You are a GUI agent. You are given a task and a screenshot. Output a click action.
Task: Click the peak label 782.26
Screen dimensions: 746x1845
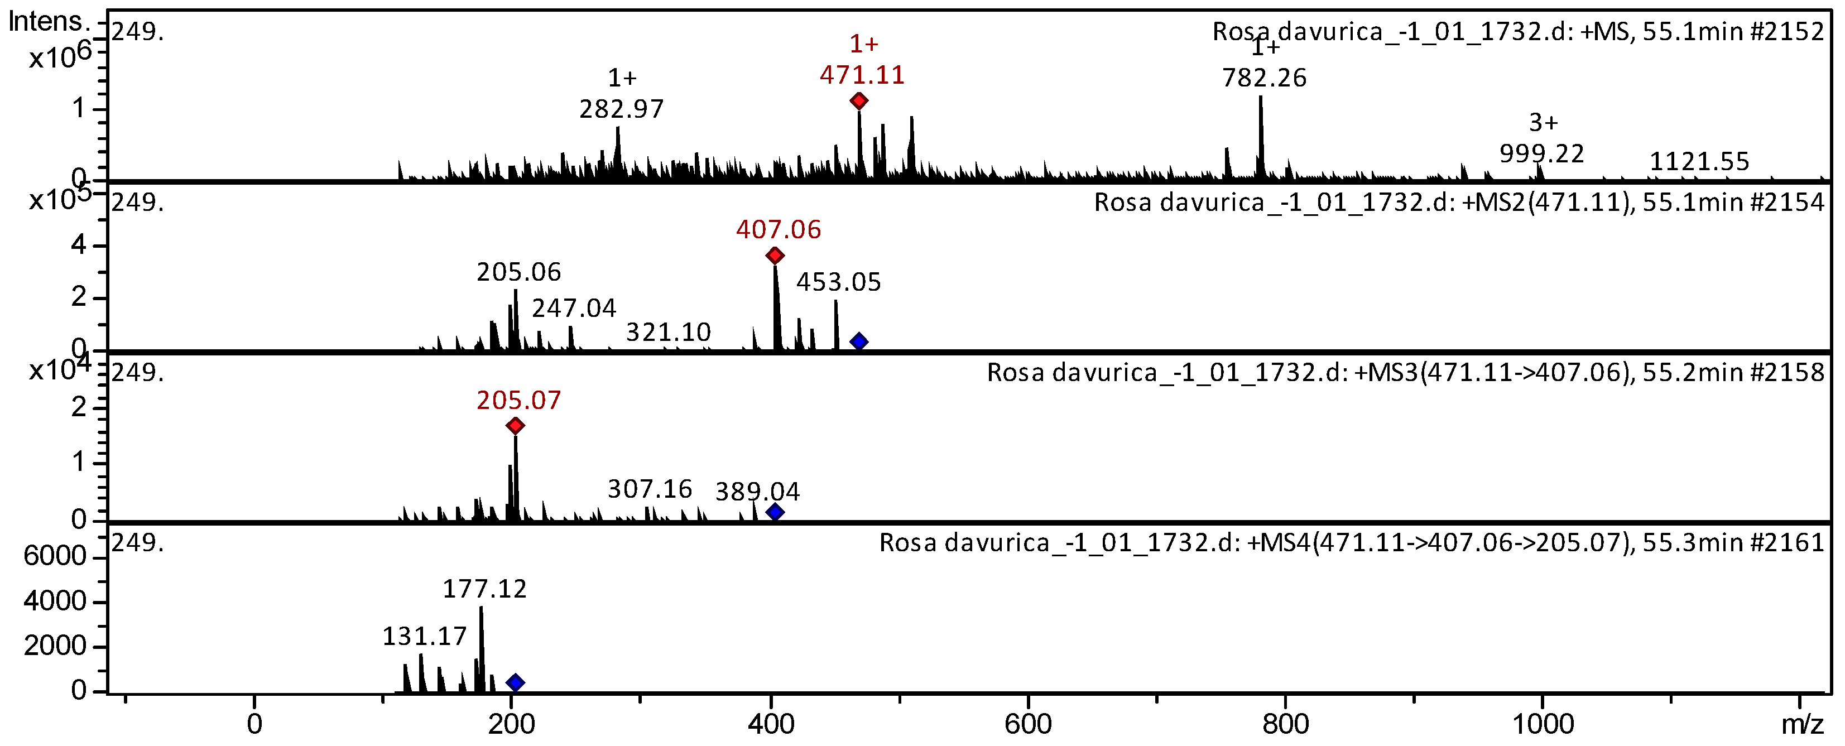[1264, 78]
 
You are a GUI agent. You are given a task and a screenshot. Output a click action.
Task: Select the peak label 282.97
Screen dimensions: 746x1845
[621, 109]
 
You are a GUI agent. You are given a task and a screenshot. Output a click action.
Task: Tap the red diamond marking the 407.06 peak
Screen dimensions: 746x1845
[774, 256]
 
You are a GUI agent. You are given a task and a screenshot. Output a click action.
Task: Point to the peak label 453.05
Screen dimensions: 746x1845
[838, 282]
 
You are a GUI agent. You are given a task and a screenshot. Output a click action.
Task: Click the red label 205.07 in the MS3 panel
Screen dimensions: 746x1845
[518, 400]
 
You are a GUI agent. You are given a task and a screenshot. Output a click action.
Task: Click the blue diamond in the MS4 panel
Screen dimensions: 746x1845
[515, 682]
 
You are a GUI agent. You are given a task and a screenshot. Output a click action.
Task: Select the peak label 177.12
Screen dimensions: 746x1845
[484, 589]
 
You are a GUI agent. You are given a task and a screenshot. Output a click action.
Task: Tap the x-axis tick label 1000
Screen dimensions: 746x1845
[1542, 724]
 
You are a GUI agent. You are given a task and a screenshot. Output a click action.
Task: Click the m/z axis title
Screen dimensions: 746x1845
[1802, 724]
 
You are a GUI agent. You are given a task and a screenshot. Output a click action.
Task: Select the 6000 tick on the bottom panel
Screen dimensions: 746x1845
[55, 556]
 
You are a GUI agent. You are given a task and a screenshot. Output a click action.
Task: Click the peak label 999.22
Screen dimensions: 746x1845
[1541, 154]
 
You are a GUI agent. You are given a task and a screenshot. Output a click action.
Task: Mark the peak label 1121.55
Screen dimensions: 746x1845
[1699, 162]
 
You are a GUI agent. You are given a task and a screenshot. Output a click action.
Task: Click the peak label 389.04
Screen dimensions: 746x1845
[757, 492]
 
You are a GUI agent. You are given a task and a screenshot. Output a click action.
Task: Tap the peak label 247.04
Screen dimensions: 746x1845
[574, 309]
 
